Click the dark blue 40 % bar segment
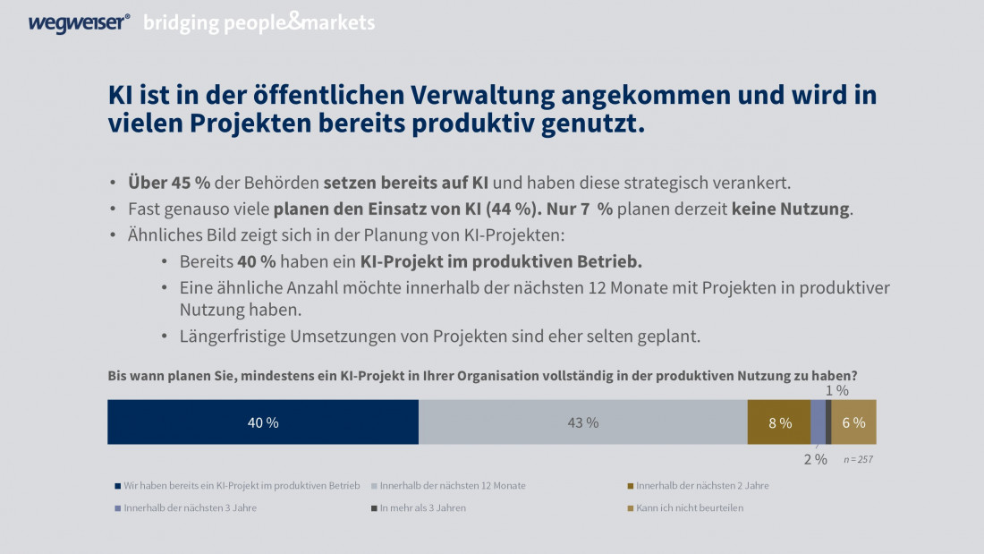pos(263,422)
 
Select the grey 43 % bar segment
pos(582,422)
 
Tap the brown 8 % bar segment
pos(778,422)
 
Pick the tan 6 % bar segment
pos(854,422)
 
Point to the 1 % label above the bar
pos(836,390)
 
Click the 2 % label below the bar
pos(815,458)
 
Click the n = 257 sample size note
pos(859,458)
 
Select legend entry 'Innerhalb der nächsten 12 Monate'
pos(453,485)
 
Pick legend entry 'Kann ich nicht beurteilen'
pos(689,507)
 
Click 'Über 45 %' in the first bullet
pos(169,183)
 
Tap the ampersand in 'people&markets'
pos(296,22)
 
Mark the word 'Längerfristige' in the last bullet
pos(231,337)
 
